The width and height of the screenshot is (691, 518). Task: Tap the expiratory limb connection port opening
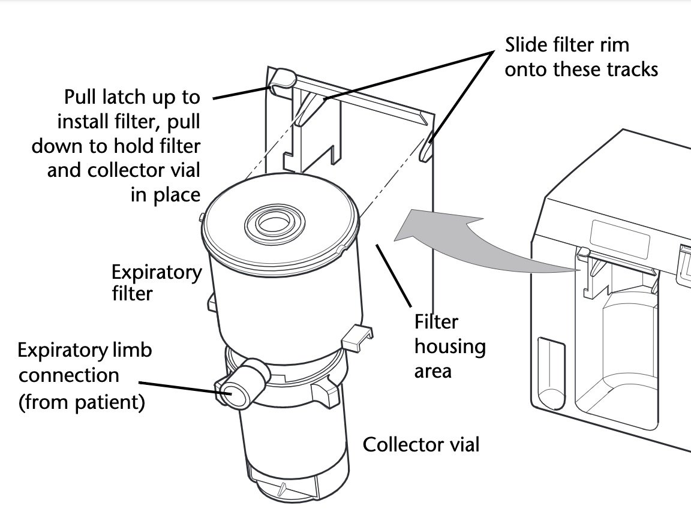coord(228,392)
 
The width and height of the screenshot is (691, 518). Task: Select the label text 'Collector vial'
coord(421,445)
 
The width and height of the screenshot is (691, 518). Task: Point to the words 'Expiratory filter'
coord(157,282)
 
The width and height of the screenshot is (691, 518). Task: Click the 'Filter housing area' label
coord(449,347)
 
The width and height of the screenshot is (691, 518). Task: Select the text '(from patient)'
coord(82,402)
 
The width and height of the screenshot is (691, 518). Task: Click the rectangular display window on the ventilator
coord(620,237)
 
